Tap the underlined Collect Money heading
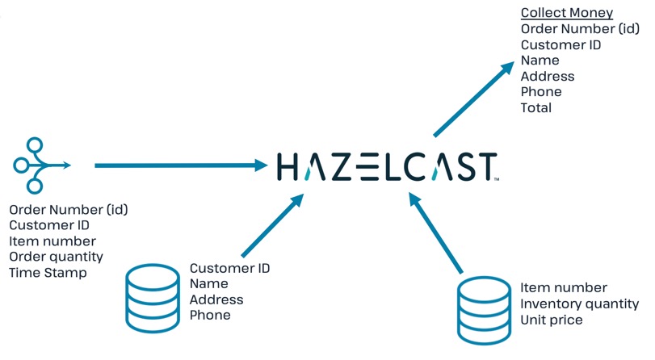(x=566, y=13)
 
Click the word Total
(x=536, y=107)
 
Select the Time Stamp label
(x=48, y=273)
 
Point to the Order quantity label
(x=57, y=257)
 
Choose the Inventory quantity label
(x=579, y=304)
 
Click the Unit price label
(x=551, y=320)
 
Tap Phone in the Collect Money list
(x=541, y=91)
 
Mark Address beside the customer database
(x=216, y=299)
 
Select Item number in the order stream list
(x=52, y=241)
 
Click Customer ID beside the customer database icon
(x=229, y=268)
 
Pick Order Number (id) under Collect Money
(x=580, y=29)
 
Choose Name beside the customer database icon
(x=208, y=284)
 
